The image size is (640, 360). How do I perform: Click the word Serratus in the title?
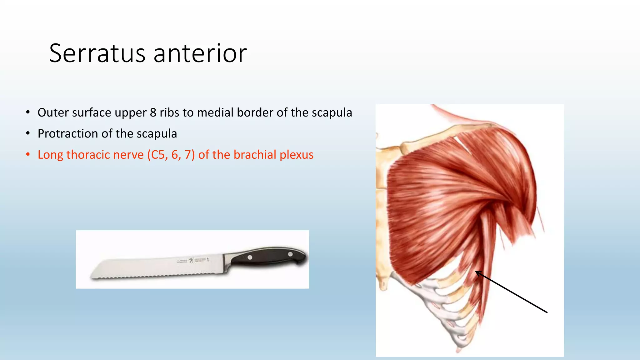point(97,54)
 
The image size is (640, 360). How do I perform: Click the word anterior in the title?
point(200,54)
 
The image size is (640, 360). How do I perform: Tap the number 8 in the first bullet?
point(153,113)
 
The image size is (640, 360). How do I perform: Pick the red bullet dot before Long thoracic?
point(28,155)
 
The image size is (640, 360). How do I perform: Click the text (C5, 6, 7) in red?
point(171,155)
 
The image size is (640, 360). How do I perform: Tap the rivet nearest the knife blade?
point(250,257)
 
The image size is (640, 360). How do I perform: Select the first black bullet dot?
point(28,112)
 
